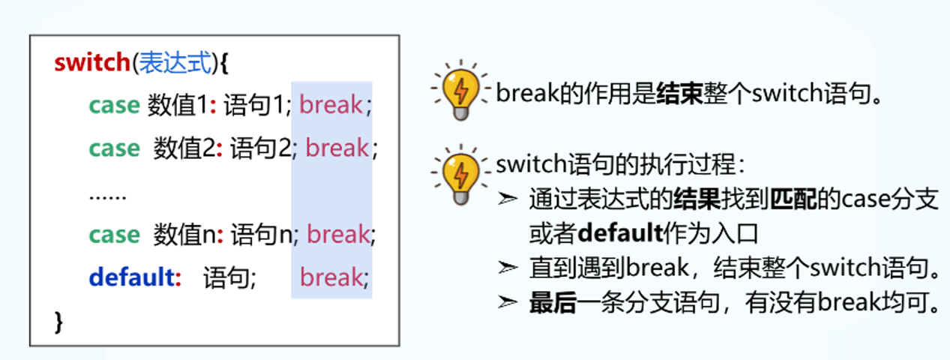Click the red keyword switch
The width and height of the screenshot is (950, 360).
pyautogui.click(x=91, y=63)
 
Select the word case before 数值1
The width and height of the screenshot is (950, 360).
pyautogui.click(x=114, y=105)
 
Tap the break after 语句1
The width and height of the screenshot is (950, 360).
pyautogui.click(x=331, y=105)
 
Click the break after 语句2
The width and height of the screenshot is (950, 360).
pyautogui.click(x=337, y=148)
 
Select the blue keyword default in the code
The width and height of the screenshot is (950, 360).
pyautogui.click(x=131, y=278)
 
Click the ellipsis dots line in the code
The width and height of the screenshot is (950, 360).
pyautogui.click(x=107, y=196)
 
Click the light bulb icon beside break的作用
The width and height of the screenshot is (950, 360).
pyautogui.click(x=460, y=93)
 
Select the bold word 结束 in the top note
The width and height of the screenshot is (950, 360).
pyautogui.click(x=679, y=94)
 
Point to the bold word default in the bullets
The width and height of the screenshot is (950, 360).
pyautogui.click(x=621, y=233)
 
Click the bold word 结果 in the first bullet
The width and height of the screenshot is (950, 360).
pyautogui.click(x=697, y=200)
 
